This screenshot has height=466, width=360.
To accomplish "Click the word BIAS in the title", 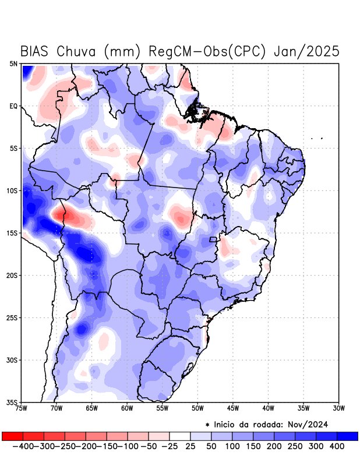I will click(x=36, y=51).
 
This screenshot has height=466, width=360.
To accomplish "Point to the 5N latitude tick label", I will click(x=13, y=63).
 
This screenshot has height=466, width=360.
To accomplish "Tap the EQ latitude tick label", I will click(x=13, y=106).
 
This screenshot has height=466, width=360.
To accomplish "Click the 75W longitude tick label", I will click(x=22, y=408).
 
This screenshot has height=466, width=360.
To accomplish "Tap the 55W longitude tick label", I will click(x=162, y=408).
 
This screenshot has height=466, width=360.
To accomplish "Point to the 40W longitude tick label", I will click(x=268, y=408).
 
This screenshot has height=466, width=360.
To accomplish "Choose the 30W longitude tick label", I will click(x=338, y=408).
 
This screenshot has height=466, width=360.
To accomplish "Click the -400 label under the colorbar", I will click(x=23, y=446).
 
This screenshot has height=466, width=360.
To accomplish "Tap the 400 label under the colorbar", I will click(x=336, y=446).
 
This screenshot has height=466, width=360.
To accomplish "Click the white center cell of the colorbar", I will click(x=180, y=436).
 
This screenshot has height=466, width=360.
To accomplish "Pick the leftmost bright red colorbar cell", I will click(x=12, y=436).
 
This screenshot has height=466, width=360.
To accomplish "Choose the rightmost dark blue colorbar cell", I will click(x=348, y=436).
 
